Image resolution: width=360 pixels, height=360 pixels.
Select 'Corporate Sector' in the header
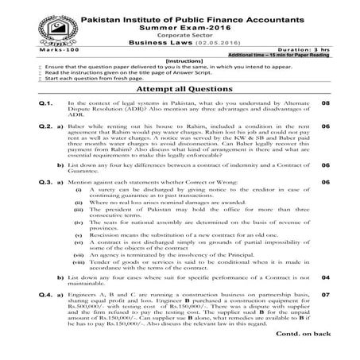pos(180,37)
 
